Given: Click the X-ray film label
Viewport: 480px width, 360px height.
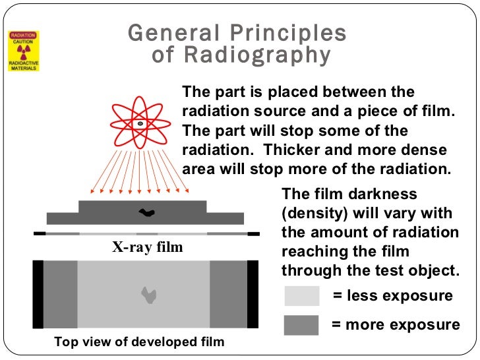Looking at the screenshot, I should click(x=146, y=248).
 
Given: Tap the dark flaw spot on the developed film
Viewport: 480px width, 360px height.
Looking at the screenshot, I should click(x=149, y=295).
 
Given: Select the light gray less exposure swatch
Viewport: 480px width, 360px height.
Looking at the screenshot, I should click(x=301, y=296).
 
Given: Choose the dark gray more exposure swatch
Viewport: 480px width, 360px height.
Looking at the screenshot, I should click(x=301, y=325).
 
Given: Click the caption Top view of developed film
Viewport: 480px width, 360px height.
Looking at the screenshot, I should click(x=139, y=342).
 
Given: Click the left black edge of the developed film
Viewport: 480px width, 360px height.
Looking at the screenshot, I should click(x=38, y=294).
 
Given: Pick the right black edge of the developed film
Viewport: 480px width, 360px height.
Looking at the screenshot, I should click(x=253, y=294).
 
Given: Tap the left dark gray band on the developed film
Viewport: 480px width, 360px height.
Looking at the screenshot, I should click(x=61, y=294).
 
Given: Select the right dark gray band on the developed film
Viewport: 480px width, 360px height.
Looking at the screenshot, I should click(x=228, y=294).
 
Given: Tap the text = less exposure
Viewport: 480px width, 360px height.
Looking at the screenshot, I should click(x=392, y=296).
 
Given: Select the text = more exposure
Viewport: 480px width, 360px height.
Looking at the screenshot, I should click(x=395, y=325).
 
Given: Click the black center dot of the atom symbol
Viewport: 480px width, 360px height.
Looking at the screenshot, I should click(x=140, y=123).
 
